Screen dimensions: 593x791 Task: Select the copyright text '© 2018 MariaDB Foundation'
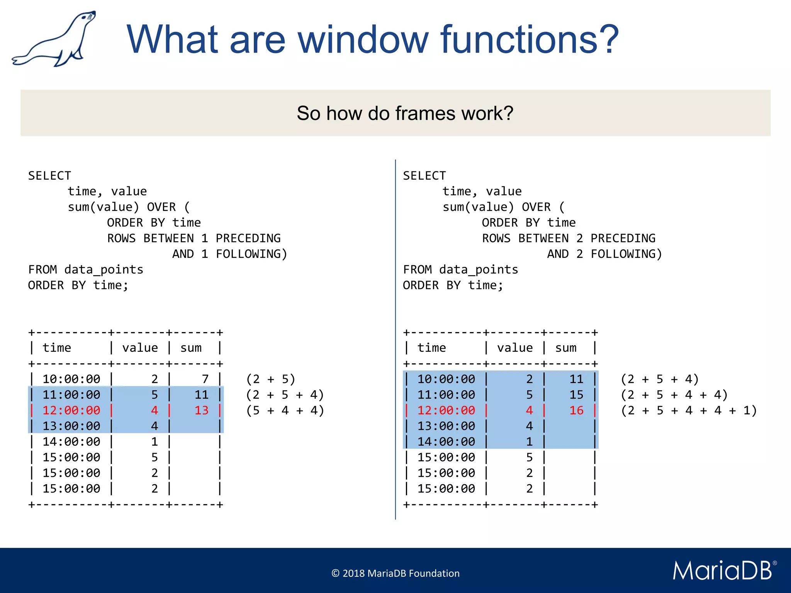pos(395,573)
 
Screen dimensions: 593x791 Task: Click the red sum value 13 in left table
pos(201,410)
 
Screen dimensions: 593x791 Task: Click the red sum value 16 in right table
pos(576,410)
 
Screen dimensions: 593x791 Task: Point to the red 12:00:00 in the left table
pos(71,410)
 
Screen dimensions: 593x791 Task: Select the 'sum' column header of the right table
pos(566,348)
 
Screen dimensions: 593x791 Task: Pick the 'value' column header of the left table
pos(140,348)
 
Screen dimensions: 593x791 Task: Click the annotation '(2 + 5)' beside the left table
pos(271,379)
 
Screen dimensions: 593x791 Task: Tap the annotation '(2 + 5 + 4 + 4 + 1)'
pos(689,410)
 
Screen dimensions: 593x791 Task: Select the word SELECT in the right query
pos(424,176)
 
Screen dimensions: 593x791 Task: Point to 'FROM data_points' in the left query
pos(86,269)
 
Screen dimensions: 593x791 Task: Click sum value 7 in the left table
pos(205,379)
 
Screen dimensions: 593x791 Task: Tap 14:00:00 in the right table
pos(446,442)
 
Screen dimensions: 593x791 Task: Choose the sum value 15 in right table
pos(576,395)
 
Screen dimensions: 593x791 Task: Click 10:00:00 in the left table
pos(71,379)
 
